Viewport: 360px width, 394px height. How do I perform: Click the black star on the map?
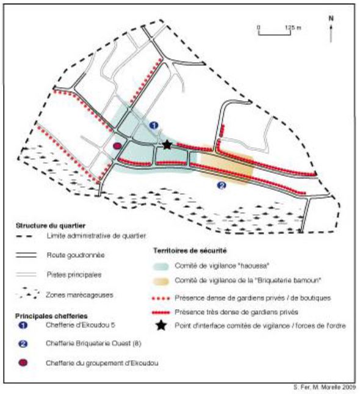click(167, 145)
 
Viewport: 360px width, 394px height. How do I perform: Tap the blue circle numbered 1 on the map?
click(154, 125)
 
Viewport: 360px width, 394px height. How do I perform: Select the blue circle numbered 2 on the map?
click(221, 186)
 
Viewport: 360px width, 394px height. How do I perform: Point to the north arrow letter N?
click(331, 18)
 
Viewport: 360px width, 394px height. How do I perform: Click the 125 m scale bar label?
click(293, 27)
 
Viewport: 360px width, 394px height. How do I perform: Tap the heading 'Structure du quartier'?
click(51, 225)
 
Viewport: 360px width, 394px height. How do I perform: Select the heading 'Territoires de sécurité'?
click(190, 250)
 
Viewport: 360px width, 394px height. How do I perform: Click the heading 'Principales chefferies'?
click(51, 316)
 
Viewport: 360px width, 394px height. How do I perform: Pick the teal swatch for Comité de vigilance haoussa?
click(160, 266)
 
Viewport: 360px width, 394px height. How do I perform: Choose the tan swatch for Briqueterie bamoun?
click(160, 281)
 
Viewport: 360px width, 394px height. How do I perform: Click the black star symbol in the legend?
click(162, 326)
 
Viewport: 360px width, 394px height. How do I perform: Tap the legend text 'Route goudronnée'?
click(76, 255)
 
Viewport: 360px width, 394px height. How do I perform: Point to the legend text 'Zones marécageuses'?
click(79, 295)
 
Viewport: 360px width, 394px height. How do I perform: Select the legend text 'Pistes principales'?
click(74, 274)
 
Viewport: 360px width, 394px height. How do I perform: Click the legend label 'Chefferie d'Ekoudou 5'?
click(81, 325)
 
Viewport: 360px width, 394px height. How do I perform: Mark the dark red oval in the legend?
click(23, 363)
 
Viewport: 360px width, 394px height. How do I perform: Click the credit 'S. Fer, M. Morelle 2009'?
click(325, 387)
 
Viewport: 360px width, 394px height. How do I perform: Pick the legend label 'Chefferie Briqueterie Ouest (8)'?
click(93, 343)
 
